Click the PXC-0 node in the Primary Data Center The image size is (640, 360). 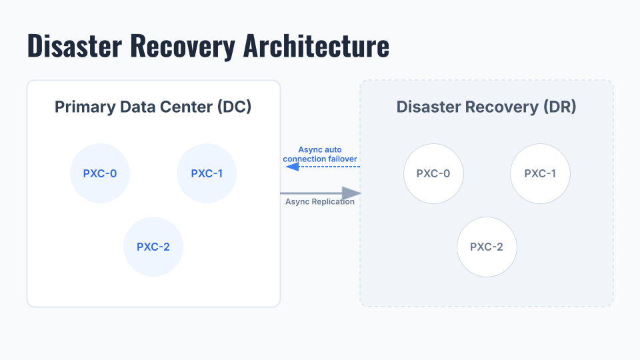pos(100,173)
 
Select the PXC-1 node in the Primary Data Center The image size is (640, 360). pos(207,173)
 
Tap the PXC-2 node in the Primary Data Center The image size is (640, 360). pos(153,247)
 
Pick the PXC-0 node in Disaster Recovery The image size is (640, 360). pos(433,173)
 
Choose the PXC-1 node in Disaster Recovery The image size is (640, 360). pos(540,173)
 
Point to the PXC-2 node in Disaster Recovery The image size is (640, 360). pos(487,247)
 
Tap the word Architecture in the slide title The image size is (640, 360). pos(316,46)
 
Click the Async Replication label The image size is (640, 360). pos(320,201)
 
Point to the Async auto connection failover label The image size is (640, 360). pos(320,154)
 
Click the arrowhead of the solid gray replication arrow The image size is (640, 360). pos(351,193)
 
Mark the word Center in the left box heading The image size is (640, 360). pos(187,107)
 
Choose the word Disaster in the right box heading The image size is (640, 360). pos(427,107)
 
